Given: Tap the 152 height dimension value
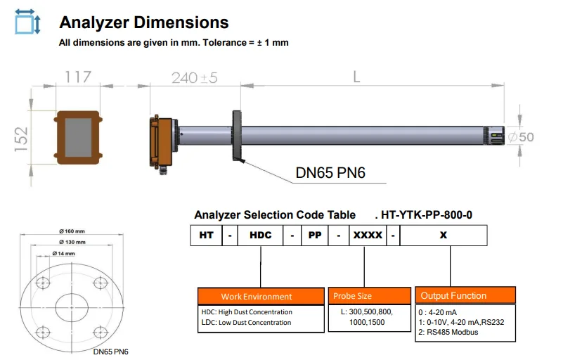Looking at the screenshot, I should tap(22, 139).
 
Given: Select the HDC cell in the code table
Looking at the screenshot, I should tap(260, 236).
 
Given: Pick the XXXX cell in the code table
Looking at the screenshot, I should tap(368, 236).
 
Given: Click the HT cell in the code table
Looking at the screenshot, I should tap(205, 236).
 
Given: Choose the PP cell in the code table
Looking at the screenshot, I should tap(315, 236).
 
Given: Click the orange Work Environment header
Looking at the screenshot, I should tap(257, 296).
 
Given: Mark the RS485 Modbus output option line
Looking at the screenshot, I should tap(449, 332).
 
